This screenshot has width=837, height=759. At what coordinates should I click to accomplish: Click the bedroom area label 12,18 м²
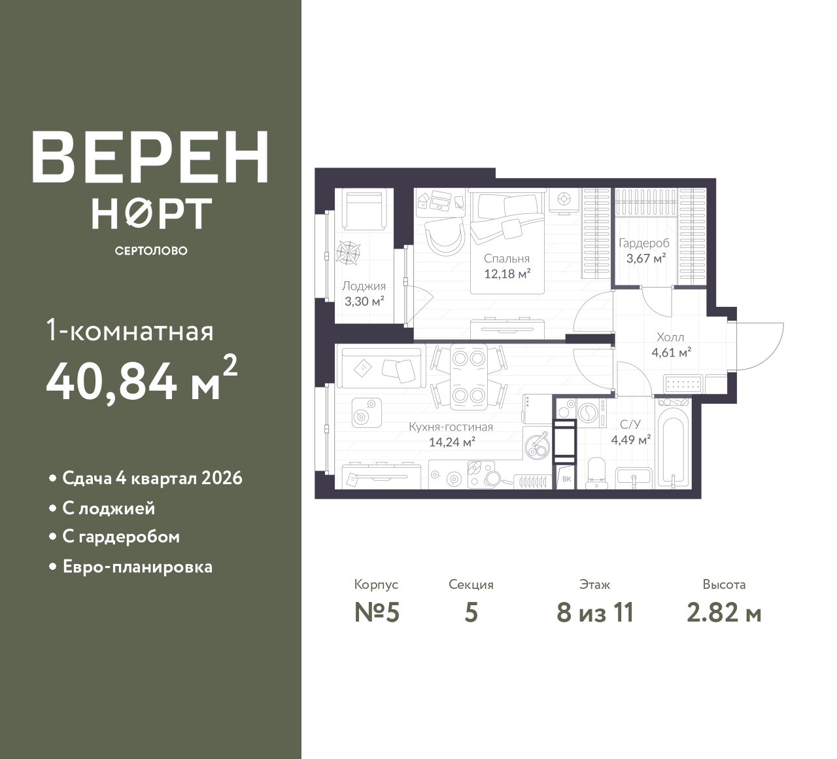pos(507,274)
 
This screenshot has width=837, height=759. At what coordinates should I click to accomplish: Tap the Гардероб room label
pos(644,243)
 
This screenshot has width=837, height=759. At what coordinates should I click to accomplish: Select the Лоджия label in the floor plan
pos(364,286)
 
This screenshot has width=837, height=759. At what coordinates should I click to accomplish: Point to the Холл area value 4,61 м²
pos(672,353)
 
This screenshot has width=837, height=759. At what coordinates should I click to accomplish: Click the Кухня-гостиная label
pos(451,427)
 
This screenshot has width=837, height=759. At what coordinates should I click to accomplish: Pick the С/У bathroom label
pos(630,424)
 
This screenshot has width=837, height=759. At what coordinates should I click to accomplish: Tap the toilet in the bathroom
pos(596,474)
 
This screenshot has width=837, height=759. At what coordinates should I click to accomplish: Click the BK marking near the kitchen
pos(567,479)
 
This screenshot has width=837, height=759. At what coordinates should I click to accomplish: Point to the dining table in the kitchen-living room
pos(469,377)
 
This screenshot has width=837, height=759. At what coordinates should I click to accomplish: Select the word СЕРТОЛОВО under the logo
pos(151,251)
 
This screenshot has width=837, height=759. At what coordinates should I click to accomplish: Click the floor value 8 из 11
pos(596,613)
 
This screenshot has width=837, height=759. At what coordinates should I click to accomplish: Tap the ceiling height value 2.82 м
pos(724,613)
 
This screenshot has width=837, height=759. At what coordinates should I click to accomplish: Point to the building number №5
pos(377,613)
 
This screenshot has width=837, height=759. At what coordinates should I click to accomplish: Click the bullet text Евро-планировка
pos(137,567)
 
